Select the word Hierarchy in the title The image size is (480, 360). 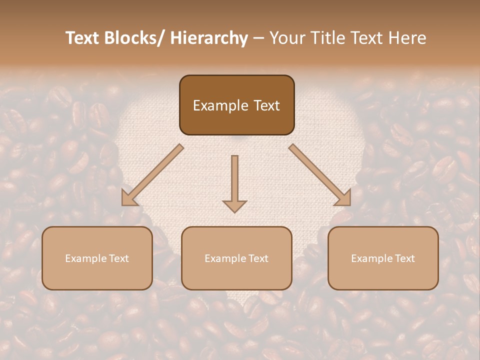tap(209, 38)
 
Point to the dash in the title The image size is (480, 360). tap(258, 38)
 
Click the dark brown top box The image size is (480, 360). tap(236, 105)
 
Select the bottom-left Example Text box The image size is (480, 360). tap(97, 258)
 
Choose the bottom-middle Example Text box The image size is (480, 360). tap(236, 258)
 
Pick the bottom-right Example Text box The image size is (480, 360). tap(383, 258)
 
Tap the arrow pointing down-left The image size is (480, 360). tap(153, 174)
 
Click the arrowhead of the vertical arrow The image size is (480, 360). tap(234, 206)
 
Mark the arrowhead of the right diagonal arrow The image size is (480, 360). tap(344, 198)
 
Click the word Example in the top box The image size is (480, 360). tap(220, 105)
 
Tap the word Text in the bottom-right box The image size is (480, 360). tap(404, 258)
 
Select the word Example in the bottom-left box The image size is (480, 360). tap(85, 258)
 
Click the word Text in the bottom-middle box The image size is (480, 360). tap(257, 258)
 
